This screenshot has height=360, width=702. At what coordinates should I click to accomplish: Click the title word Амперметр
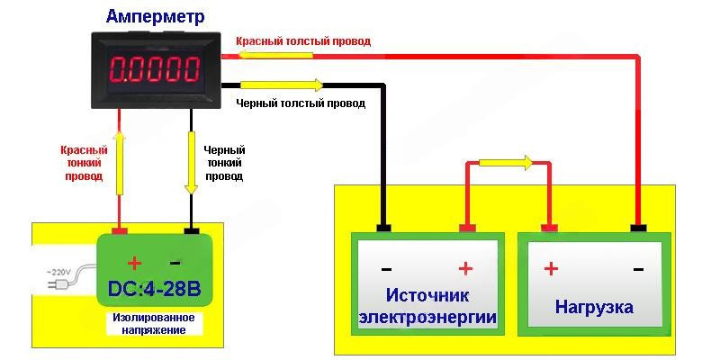[x=155, y=16]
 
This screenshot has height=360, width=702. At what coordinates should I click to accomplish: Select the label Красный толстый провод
[x=302, y=40]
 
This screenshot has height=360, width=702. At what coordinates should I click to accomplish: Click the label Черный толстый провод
[x=301, y=103]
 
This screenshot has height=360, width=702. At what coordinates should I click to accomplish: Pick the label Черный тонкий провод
[x=224, y=163]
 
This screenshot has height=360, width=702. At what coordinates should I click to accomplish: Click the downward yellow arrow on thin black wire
[x=191, y=163]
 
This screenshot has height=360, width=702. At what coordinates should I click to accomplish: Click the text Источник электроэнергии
[x=427, y=307]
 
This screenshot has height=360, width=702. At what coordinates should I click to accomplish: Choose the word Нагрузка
[x=594, y=307]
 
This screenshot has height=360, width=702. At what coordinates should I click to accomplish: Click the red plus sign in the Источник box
[x=466, y=268]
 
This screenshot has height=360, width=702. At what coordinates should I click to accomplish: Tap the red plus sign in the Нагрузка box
[x=551, y=268]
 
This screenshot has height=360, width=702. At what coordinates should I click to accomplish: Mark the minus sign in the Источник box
[x=386, y=268]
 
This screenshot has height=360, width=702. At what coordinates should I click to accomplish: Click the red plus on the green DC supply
[x=134, y=263]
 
